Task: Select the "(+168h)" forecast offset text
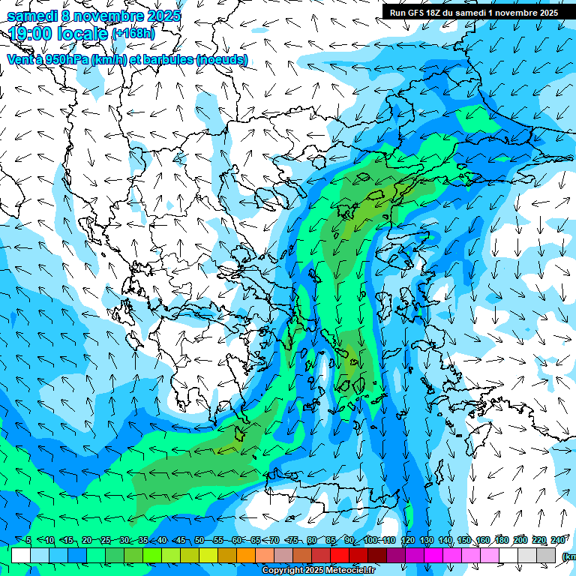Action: click(135, 34)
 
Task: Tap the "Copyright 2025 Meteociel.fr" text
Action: click(319, 571)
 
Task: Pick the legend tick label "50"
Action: click(199, 541)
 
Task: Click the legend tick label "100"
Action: click(370, 541)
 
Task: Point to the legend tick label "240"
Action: click(557, 541)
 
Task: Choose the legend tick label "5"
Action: click(28, 541)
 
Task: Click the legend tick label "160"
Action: click(483, 541)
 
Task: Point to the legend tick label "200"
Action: click(520, 541)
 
